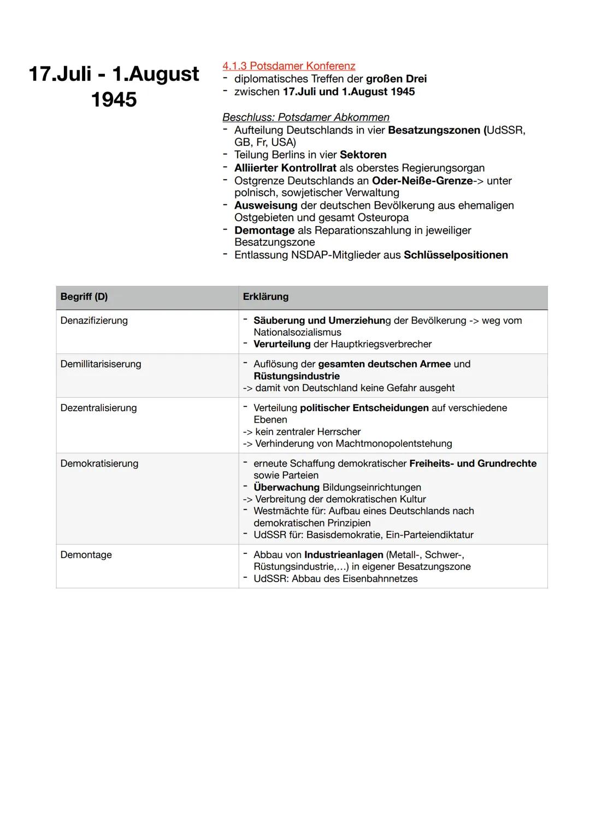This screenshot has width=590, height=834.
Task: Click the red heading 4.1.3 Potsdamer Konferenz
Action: (288, 66)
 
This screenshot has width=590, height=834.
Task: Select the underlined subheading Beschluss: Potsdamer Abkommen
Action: (305, 117)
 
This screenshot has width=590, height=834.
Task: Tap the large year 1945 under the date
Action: (114, 99)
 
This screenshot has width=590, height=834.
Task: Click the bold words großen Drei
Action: (396, 79)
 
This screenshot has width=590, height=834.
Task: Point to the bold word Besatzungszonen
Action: (434, 130)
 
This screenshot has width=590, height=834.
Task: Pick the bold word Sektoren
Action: (363, 155)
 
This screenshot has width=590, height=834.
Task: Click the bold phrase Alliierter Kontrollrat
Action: (285, 168)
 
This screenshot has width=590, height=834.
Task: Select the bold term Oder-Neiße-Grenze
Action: (422, 180)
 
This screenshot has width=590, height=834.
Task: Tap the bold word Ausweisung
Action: (265, 205)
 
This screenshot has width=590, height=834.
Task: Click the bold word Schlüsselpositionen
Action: (456, 255)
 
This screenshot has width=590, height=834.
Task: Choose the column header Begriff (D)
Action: (84, 297)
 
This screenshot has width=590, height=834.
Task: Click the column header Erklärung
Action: (265, 297)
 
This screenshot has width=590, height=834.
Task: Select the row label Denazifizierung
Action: (94, 321)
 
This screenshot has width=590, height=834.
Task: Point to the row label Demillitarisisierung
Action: (101, 364)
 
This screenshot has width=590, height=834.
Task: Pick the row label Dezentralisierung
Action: (98, 408)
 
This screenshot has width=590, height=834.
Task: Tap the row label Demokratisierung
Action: (99, 464)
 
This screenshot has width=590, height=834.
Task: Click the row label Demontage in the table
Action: (86, 555)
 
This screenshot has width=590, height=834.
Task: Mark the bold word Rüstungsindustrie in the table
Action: (296, 376)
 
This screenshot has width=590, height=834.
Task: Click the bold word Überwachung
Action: (286, 487)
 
